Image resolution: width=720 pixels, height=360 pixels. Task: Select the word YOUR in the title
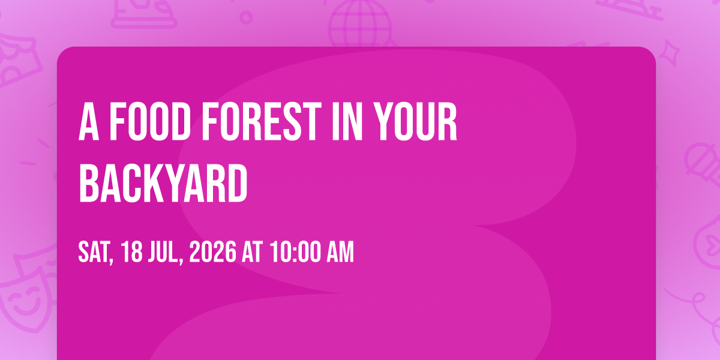416,121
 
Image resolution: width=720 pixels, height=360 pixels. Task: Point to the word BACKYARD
163,182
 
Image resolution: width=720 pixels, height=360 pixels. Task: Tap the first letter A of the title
89,121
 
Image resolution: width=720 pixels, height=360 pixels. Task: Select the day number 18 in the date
132,252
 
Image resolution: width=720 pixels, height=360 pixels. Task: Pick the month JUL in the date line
165,253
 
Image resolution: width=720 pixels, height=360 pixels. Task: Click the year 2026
213,252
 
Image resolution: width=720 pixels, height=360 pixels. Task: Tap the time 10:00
296,252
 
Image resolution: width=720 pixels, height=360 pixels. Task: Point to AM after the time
340,252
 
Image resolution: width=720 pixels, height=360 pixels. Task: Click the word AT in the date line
253,252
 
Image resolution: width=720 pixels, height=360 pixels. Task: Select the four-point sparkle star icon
670,53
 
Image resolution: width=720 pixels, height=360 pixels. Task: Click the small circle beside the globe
246,17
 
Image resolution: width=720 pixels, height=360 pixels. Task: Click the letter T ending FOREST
311,121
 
